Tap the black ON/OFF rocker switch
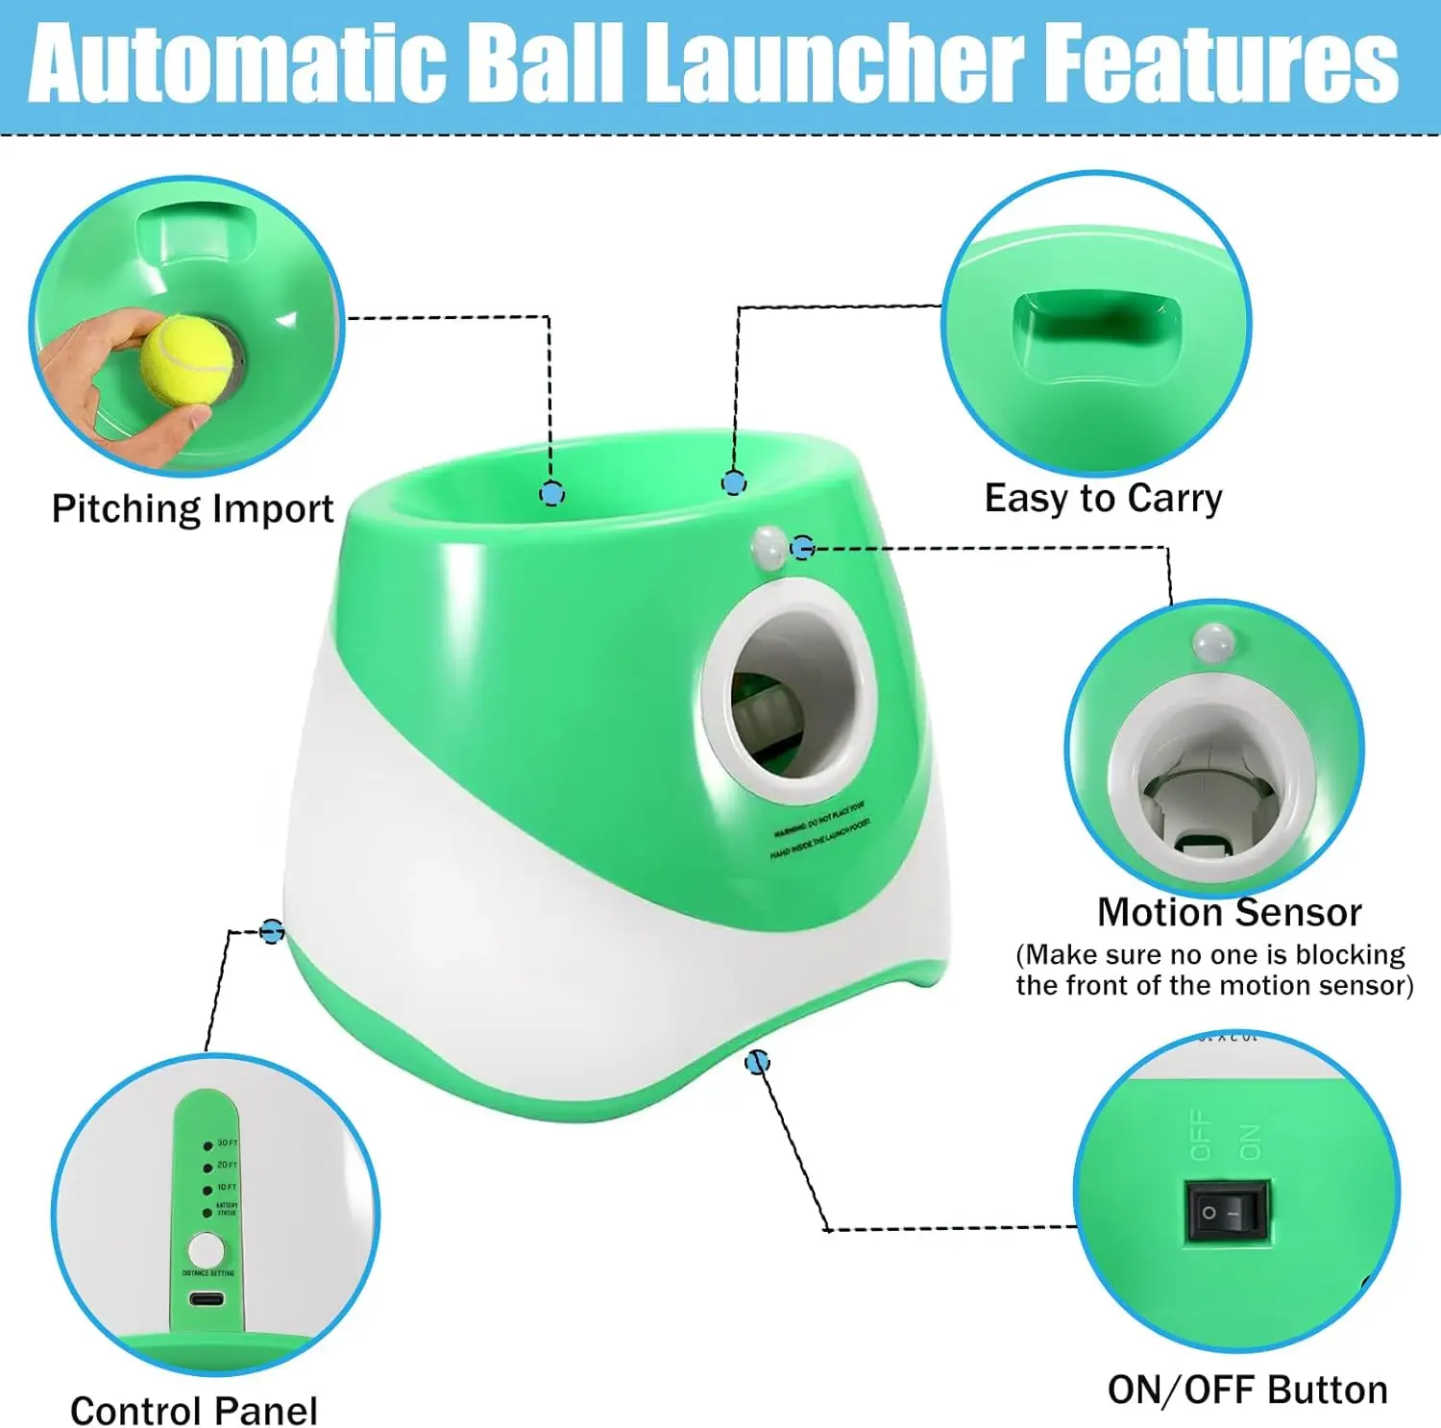click(1227, 1213)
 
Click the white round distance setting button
click(206, 1250)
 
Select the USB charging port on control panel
click(207, 1299)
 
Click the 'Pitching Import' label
click(192, 508)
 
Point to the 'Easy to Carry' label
click(1103, 499)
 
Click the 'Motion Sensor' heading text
click(1229, 912)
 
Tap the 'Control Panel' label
click(193, 1410)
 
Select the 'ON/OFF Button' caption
click(1247, 1390)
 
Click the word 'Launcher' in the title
click(833, 64)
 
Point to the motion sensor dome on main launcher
click(769, 545)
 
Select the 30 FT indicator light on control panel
click(208, 1145)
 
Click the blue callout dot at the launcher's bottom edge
click(757, 1062)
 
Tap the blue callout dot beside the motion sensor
click(803, 548)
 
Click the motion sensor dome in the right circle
click(1213, 642)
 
